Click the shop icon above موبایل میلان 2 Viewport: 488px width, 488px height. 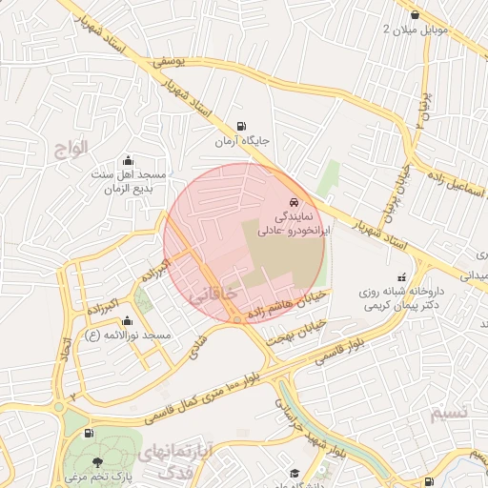point(415,14)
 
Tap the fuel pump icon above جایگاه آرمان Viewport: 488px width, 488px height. point(238,125)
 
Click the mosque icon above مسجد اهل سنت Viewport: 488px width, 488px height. point(129,160)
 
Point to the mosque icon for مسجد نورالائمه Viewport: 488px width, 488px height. point(127,320)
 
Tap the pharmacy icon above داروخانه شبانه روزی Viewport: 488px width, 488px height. point(374,274)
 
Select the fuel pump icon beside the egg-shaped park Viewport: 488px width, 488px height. point(89,434)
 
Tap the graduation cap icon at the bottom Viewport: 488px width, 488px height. point(295,473)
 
